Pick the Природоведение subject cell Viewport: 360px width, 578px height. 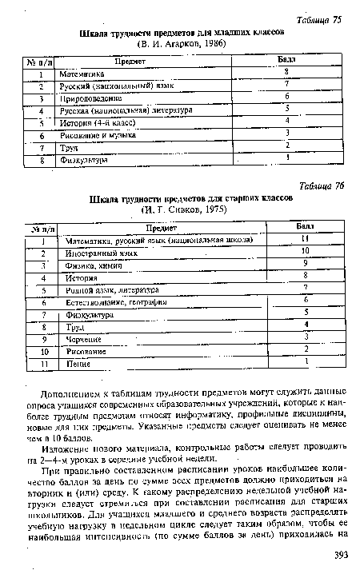(x=88, y=98)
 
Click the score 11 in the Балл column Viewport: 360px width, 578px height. (x=305, y=239)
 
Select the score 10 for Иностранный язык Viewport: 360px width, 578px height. (x=305, y=251)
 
